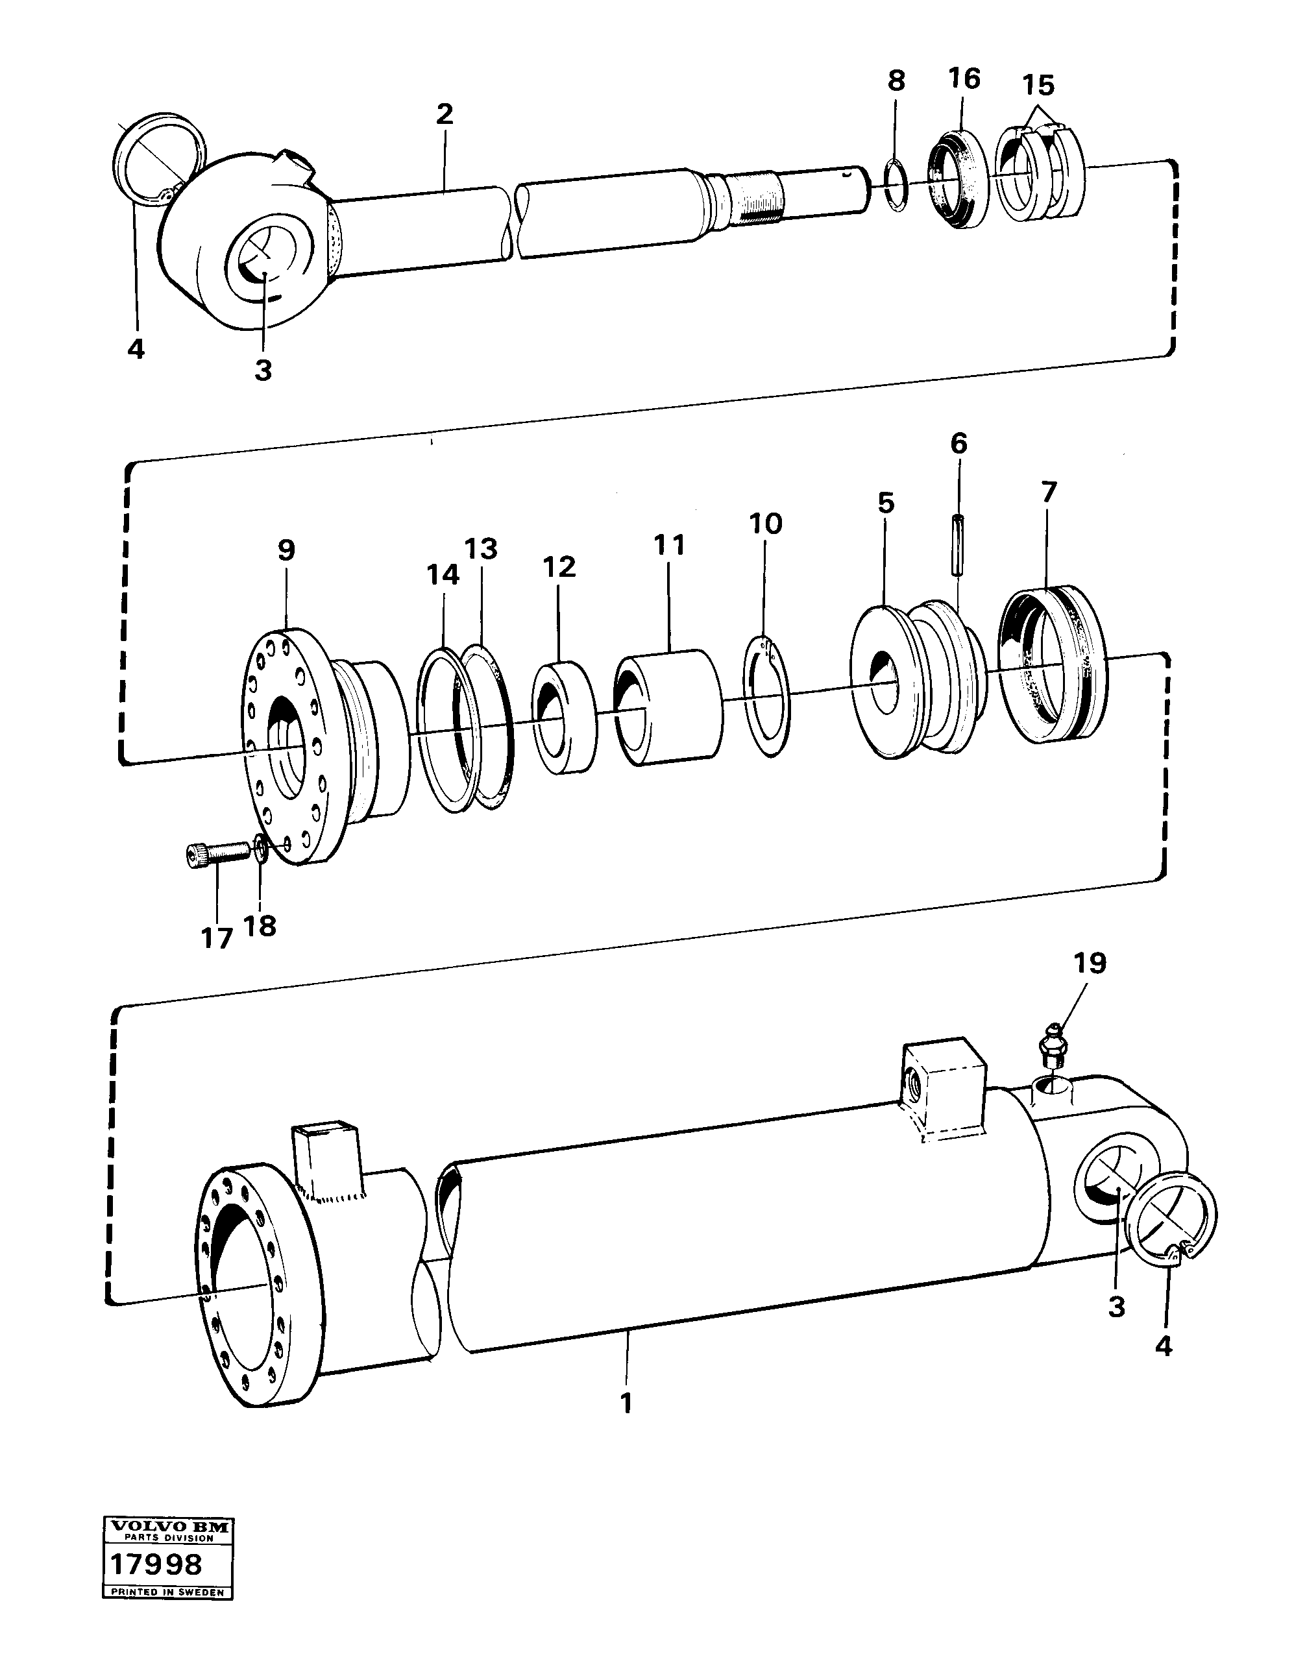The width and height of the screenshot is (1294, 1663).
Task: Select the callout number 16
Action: [964, 79]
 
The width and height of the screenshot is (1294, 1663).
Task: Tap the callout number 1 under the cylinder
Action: [626, 1403]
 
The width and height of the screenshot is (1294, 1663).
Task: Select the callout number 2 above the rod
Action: [445, 114]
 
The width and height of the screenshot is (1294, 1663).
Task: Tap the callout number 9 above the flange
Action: [286, 550]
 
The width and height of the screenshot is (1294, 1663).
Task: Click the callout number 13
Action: [482, 548]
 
